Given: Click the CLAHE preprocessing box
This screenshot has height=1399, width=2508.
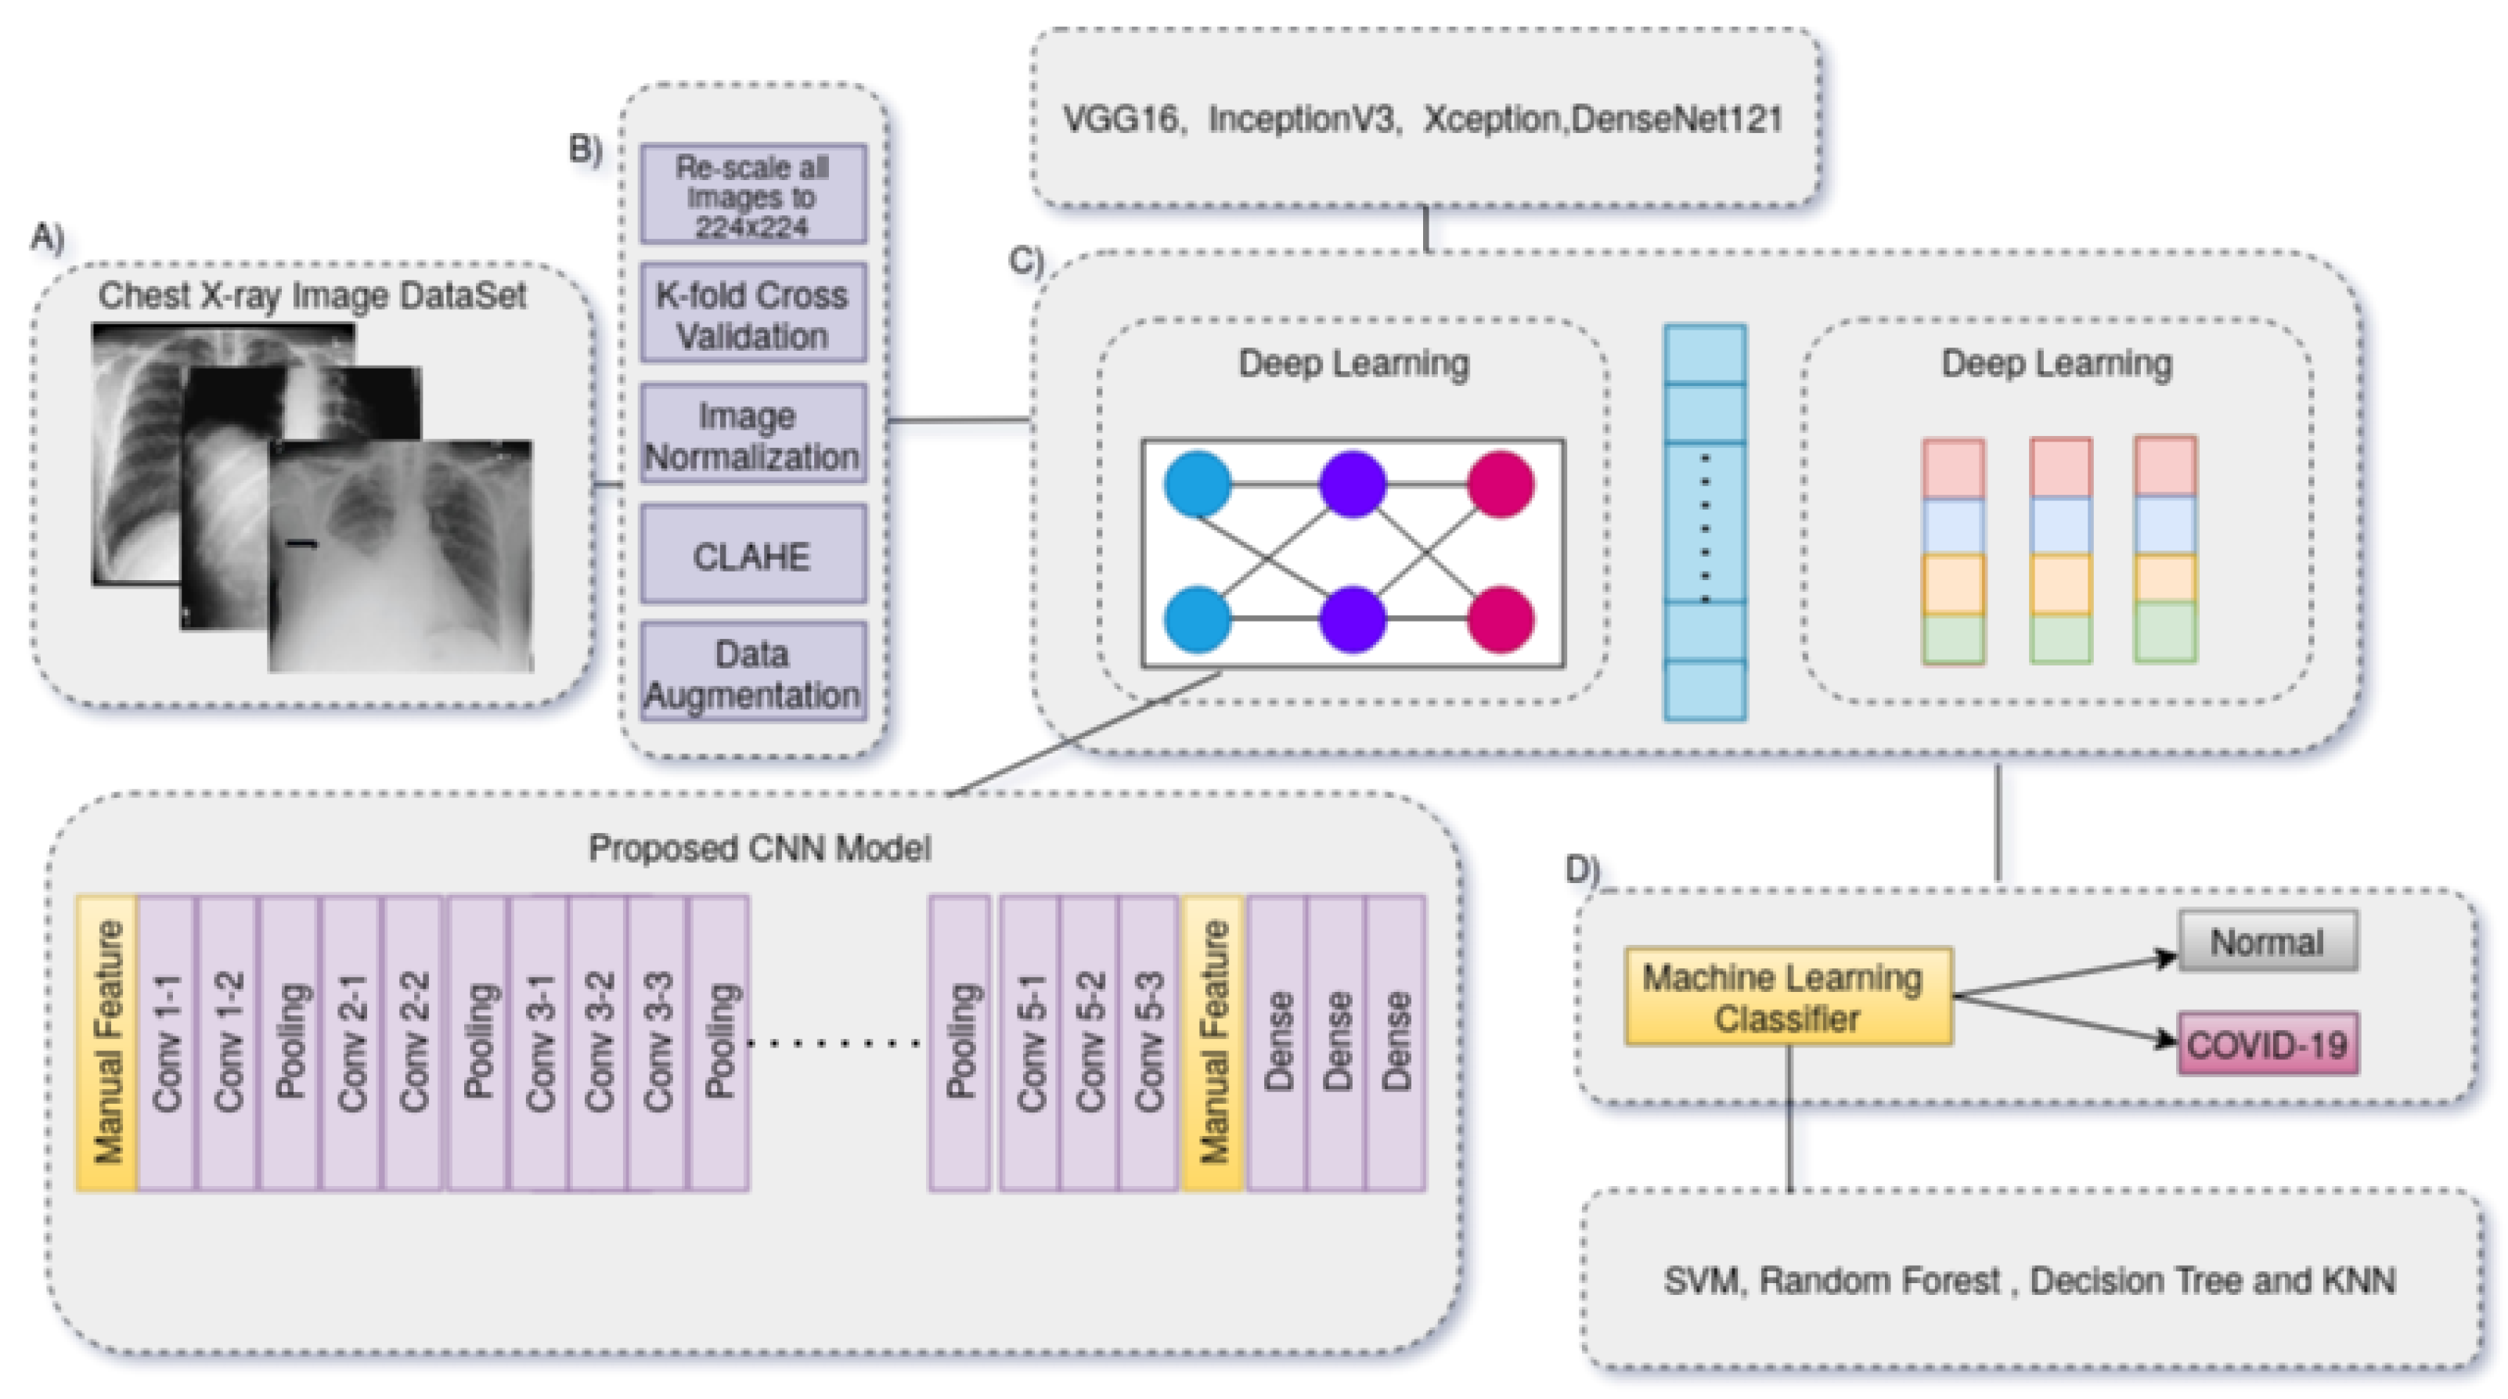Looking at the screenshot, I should click(x=751, y=555).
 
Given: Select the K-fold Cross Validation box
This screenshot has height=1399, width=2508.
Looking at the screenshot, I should click(x=751, y=315).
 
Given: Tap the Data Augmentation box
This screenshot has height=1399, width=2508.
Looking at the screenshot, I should click(x=751, y=672).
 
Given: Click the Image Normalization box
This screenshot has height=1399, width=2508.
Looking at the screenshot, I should click(x=751, y=434).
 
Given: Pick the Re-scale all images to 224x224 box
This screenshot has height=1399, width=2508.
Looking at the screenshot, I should click(x=751, y=196).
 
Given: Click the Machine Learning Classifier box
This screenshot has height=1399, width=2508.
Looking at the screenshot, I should click(x=1788, y=997).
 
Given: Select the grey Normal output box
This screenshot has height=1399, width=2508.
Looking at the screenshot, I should click(x=2267, y=942).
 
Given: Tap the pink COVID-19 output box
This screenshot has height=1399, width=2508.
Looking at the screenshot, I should click(x=2267, y=1044).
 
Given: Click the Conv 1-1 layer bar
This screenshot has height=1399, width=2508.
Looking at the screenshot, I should click(x=168, y=1043).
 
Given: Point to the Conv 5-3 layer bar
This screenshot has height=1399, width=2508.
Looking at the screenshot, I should click(x=1149, y=1043).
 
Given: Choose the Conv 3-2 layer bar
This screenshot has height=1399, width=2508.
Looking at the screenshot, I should click(x=599, y=1043).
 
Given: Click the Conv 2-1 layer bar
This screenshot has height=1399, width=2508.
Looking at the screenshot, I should click(x=351, y=1043).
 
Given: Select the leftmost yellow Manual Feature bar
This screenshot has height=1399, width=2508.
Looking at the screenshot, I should click(x=107, y=1043).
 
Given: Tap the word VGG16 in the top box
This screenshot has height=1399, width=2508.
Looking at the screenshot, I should click(x=1119, y=120).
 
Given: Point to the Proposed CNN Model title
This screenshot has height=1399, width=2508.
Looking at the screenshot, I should click(x=759, y=848).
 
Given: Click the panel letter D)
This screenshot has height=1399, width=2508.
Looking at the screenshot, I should click(x=1582, y=867).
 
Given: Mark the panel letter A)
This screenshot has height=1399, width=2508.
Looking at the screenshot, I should click(x=47, y=236).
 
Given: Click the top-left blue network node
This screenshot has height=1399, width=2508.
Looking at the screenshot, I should click(x=1198, y=484).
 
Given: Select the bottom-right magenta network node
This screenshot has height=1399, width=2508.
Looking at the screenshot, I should click(x=1501, y=620).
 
